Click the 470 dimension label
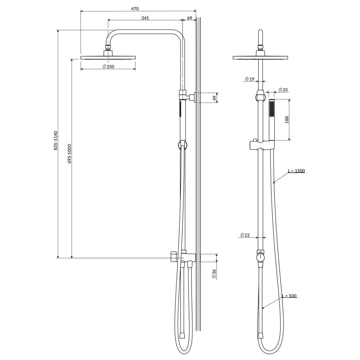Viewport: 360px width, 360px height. (x=135, y=9)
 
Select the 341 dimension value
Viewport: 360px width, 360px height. (x=145, y=18)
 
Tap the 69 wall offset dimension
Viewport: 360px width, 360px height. (x=190, y=18)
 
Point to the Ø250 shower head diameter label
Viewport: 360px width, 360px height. (x=108, y=66)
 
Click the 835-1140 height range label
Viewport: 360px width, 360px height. (x=55, y=141)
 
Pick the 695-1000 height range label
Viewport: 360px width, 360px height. (x=69, y=154)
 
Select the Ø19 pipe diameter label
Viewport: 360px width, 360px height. (x=249, y=79)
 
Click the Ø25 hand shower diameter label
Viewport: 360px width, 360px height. (x=283, y=90)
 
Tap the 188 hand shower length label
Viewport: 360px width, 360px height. (x=287, y=120)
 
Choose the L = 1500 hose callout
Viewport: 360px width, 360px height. (x=297, y=171)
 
